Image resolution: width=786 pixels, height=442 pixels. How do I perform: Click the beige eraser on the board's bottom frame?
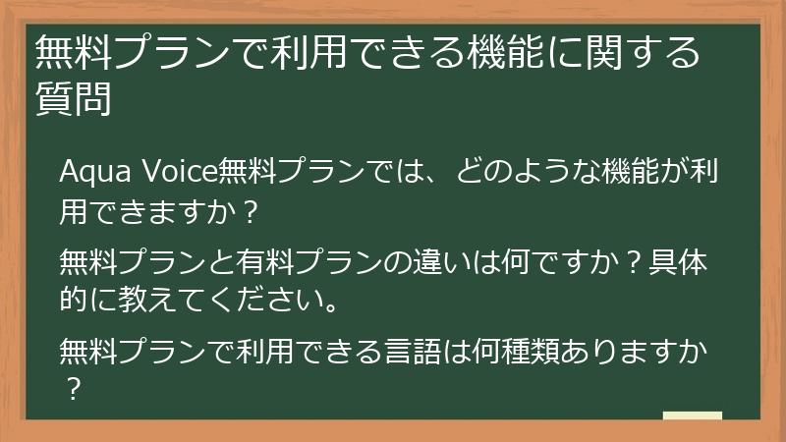pyautogui.click(x=692, y=416)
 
